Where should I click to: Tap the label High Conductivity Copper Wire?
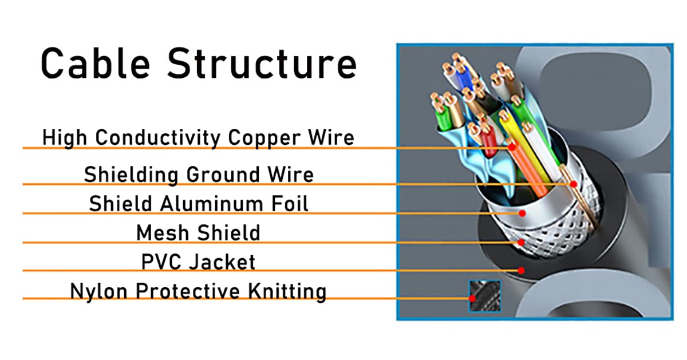coord(198,137)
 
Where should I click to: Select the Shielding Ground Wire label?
coord(199,174)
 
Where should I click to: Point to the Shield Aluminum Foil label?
coord(199,203)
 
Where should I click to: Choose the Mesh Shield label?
coord(198,232)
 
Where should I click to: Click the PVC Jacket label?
coord(198,262)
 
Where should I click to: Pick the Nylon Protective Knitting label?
coord(198,291)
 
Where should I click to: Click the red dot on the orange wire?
coord(512,147)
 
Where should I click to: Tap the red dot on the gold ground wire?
coord(572,184)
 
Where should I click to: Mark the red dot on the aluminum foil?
coord(522,213)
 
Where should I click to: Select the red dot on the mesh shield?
coord(521,242)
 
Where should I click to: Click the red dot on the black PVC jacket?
coord(521,270)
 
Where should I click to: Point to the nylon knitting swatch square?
coord(484,296)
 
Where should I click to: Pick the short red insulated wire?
coord(488,143)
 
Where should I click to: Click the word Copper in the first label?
coord(259,137)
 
